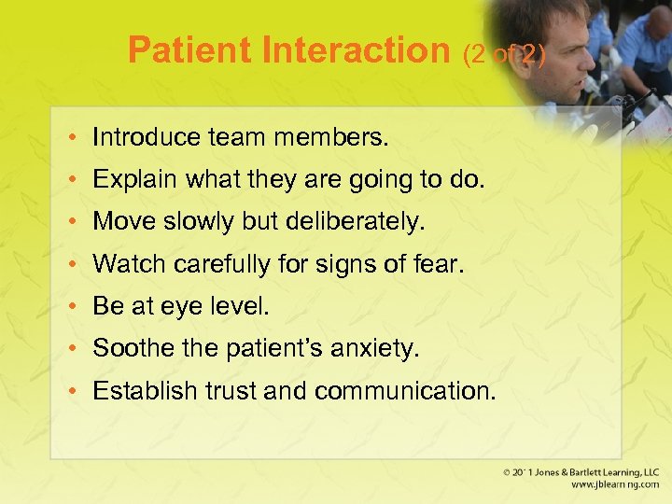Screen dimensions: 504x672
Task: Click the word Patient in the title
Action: pyautogui.click(x=192, y=50)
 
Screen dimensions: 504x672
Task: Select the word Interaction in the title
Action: pyautogui.click(x=358, y=50)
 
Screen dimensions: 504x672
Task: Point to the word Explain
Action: pyautogui.click(x=128, y=179)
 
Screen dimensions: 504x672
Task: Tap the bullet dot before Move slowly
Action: pyautogui.click(x=72, y=223)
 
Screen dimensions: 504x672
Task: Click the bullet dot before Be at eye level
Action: pyautogui.click(x=72, y=307)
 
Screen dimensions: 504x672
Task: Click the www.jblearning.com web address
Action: pyautogui.click(x=606, y=486)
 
